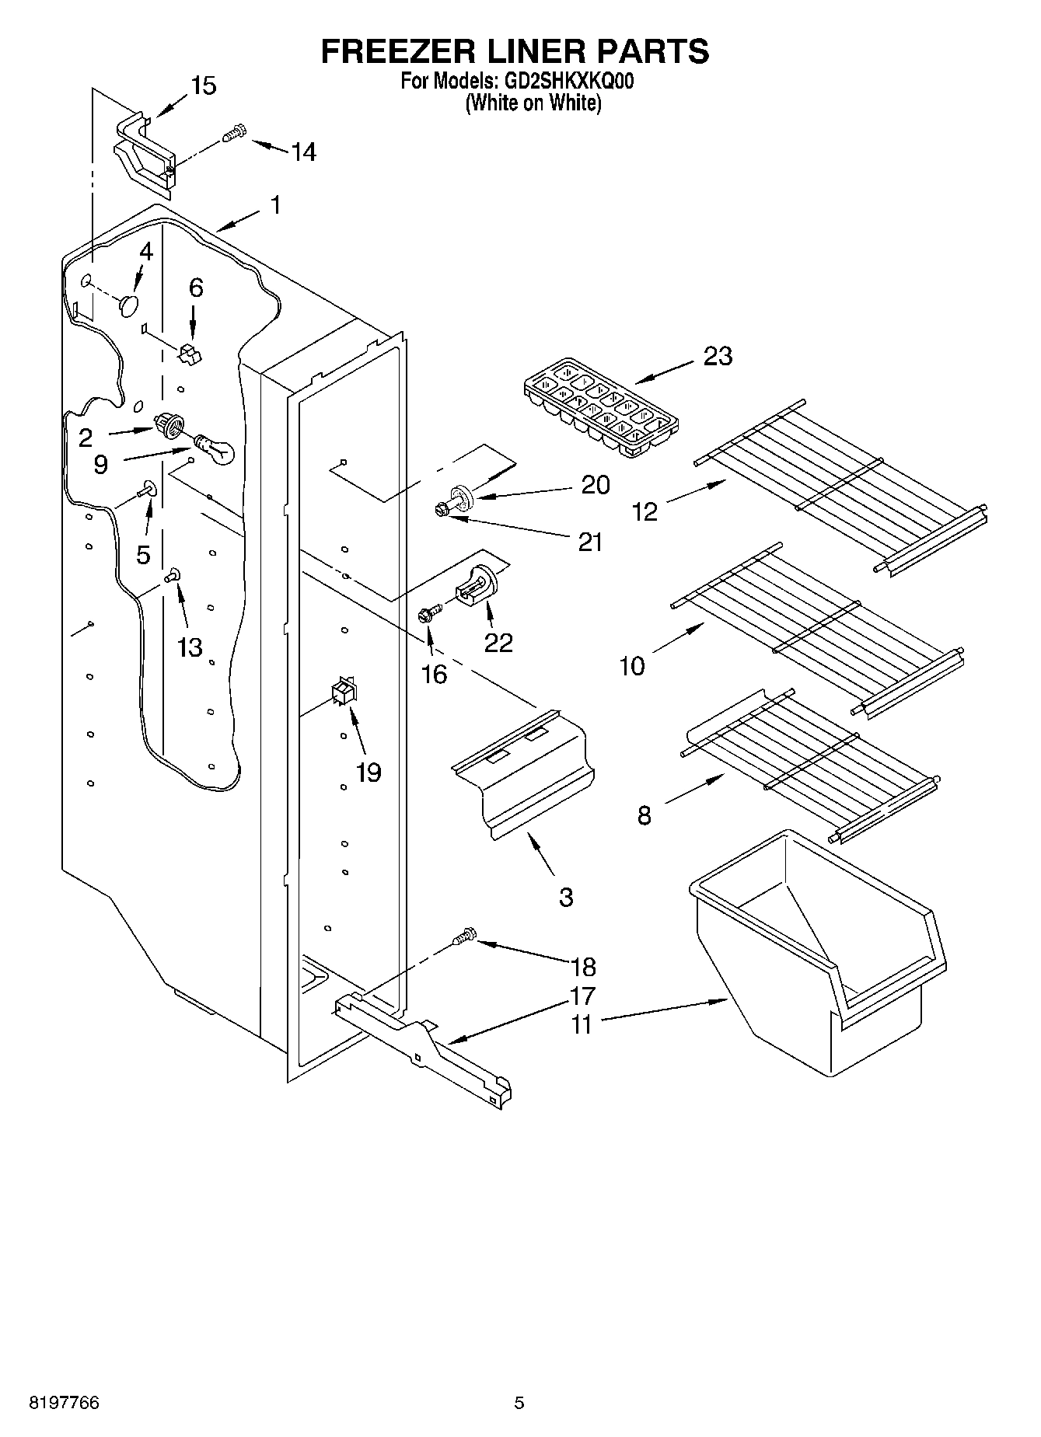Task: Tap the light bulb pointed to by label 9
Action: [214, 450]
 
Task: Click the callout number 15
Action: [204, 85]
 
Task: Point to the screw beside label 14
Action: [234, 134]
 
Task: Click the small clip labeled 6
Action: [189, 354]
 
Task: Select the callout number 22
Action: [498, 642]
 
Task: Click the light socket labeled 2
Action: [169, 425]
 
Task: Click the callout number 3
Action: [566, 897]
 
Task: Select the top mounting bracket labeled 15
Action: [144, 152]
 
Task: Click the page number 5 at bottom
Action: [519, 1403]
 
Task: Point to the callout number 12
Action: [645, 511]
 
